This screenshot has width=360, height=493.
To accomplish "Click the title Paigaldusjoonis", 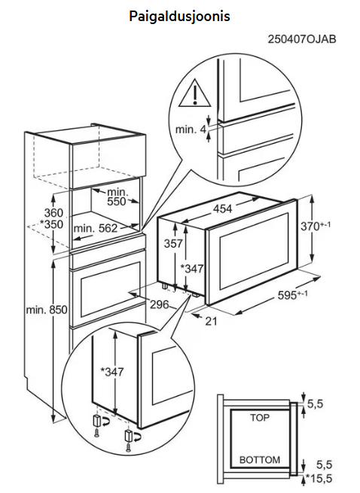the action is [179, 16].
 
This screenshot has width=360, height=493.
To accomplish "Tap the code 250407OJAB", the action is [302, 39].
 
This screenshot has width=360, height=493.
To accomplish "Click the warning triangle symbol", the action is [194, 93].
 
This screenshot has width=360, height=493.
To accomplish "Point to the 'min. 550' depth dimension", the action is [117, 196].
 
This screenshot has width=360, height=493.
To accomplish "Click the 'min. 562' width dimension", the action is [96, 228].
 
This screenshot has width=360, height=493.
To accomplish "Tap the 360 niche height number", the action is [53, 213].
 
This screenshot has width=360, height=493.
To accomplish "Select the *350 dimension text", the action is [52, 224].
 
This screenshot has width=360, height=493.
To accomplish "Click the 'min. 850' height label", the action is [47, 310].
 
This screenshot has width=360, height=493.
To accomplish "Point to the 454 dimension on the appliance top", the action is [222, 208].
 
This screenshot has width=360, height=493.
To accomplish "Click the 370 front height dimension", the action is [316, 226].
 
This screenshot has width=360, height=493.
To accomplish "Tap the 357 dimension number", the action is [173, 243].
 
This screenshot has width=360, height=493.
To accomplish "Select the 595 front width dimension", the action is [293, 295].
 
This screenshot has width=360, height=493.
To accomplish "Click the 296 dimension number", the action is [159, 304].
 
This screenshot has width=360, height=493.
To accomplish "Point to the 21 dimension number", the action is [212, 321].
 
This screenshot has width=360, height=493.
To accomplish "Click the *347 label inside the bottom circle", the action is [112, 373].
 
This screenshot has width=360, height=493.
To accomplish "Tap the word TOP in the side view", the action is [260, 418].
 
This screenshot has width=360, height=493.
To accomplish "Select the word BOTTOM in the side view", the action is [260, 460].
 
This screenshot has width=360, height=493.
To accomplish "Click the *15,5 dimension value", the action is [319, 479].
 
